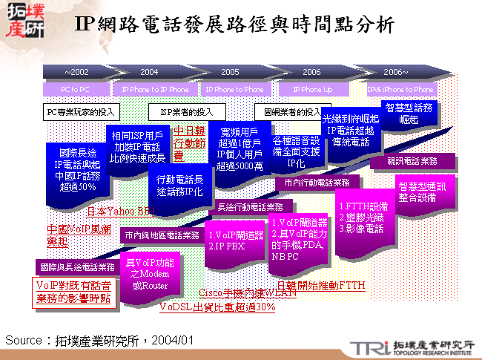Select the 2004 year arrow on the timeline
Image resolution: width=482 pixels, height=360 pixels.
coord(151,72)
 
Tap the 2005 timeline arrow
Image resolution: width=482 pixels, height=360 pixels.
coord(231,72)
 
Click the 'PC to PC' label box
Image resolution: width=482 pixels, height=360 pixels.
coord(76,89)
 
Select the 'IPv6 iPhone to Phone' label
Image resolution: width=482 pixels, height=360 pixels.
coord(401,89)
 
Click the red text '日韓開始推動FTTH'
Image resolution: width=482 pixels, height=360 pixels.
coord(320,285)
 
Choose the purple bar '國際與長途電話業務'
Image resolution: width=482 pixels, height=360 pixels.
coord(76,266)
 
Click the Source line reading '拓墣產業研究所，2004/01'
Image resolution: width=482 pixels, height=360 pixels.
coord(99,340)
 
